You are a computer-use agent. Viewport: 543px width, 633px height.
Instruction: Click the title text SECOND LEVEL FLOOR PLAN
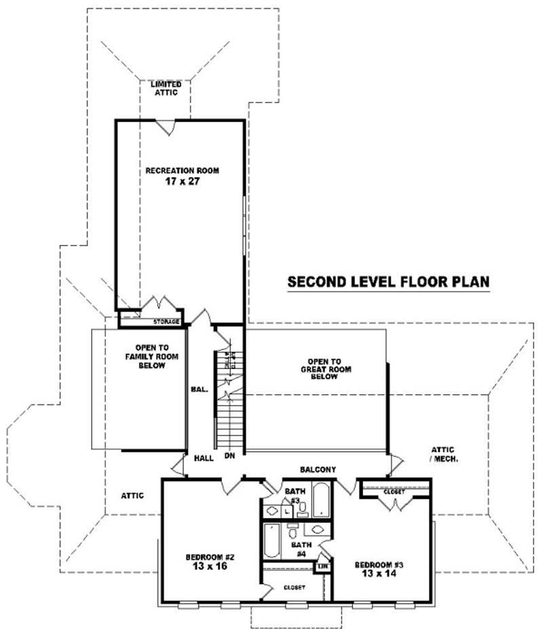(x=388, y=282)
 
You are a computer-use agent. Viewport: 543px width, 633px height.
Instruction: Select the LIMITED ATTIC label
(x=166, y=88)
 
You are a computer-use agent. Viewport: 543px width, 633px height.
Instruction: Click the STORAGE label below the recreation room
(x=166, y=321)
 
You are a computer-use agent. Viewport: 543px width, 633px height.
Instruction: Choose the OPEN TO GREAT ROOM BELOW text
(x=323, y=368)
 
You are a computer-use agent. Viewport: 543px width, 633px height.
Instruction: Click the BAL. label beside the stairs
(x=199, y=389)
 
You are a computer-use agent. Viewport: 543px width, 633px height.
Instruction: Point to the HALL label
(x=203, y=458)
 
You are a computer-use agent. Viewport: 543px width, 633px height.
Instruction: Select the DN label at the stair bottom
(x=229, y=457)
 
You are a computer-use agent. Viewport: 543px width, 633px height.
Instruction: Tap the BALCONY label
(x=318, y=469)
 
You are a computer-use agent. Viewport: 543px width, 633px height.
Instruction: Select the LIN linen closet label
(x=324, y=564)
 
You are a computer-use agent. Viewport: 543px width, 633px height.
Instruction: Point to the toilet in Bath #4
(x=293, y=530)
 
